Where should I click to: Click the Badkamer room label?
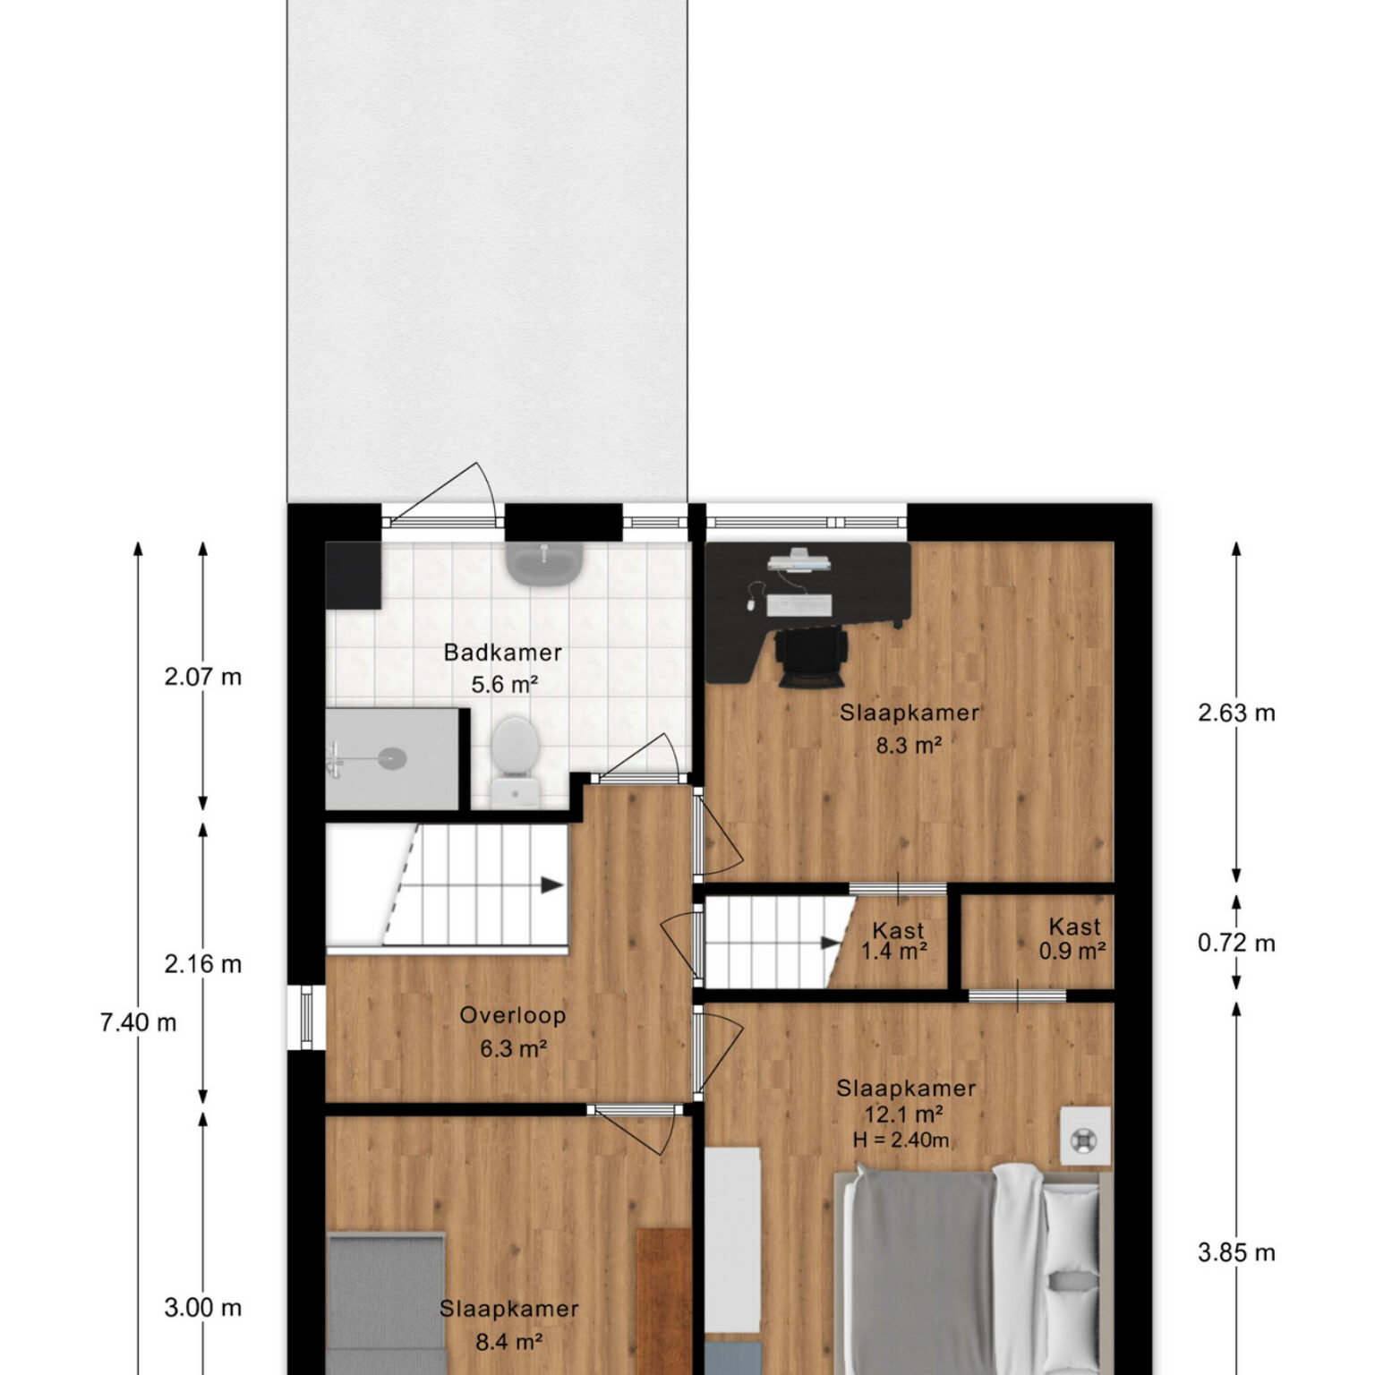[x=503, y=652]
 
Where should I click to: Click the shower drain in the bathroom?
[x=391, y=758]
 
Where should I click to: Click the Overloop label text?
[x=513, y=1015]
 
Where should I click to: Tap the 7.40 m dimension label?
[x=139, y=1022]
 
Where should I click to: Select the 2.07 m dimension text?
[x=203, y=677]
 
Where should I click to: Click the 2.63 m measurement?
[x=1236, y=713]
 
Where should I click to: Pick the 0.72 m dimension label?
[x=1236, y=943]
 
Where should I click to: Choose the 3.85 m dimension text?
[x=1236, y=1252]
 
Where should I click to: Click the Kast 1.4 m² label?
[x=895, y=940]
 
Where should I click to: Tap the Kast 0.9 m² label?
[x=1072, y=938]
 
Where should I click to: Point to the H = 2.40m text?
[x=901, y=1140]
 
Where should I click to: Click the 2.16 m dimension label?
[x=203, y=964]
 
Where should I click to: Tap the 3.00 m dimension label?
[x=203, y=1308]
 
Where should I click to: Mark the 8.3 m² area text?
[x=910, y=744]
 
